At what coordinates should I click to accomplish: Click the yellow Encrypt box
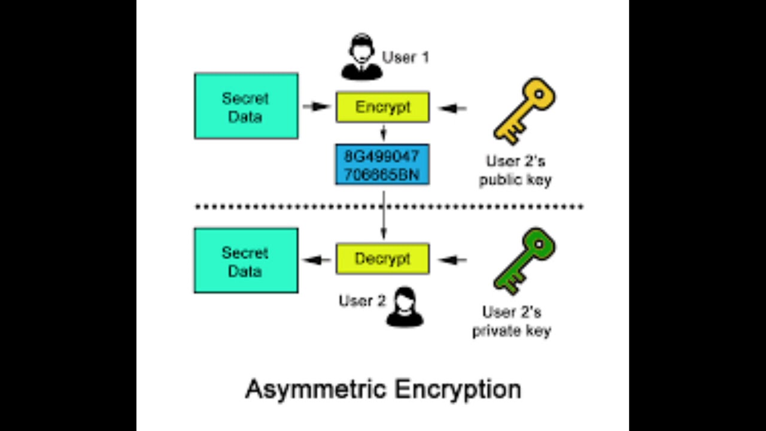pyautogui.click(x=382, y=107)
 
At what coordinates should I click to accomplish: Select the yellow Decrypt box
pyautogui.click(x=382, y=259)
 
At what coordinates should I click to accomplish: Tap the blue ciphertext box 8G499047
pyautogui.click(x=382, y=164)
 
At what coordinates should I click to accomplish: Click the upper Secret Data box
pyautogui.click(x=246, y=106)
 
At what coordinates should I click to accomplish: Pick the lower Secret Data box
pyautogui.click(x=246, y=260)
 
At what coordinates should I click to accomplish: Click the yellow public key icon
pyautogui.click(x=524, y=110)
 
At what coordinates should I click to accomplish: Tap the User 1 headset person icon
pyautogui.click(x=361, y=57)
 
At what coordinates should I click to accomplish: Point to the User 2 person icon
pyautogui.click(x=405, y=306)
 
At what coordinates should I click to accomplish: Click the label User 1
pyautogui.click(x=406, y=57)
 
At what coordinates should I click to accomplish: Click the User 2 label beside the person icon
pyautogui.click(x=362, y=301)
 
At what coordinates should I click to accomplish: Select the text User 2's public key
pyautogui.click(x=515, y=171)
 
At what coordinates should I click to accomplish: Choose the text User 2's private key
pyautogui.click(x=512, y=321)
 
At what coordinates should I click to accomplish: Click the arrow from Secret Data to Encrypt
pyautogui.click(x=317, y=107)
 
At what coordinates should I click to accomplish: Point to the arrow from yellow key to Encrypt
pyautogui.click(x=452, y=108)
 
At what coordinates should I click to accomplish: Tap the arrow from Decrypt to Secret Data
pyautogui.click(x=317, y=260)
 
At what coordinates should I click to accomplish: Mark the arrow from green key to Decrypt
pyautogui.click(x=452, y=260)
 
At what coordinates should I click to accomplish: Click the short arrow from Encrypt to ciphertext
pyautogui.click(x=383, y=132)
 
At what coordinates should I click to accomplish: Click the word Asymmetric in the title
pyautogui.click(x=316, y=389)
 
